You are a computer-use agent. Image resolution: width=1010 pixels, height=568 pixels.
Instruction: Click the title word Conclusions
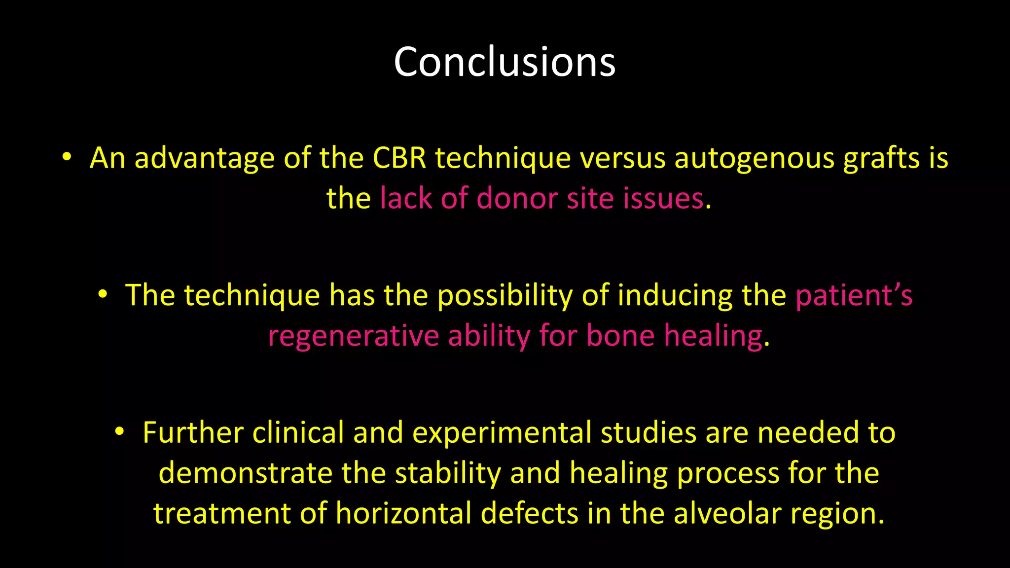(505, 62)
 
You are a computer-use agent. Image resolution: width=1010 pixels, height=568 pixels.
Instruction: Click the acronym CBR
(399, 159)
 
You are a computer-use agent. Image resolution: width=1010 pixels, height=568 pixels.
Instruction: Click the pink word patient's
(854, 295)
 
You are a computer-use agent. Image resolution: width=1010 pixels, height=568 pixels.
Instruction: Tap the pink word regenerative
(353, 336)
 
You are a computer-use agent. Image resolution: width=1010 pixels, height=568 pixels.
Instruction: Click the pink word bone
(620, 336)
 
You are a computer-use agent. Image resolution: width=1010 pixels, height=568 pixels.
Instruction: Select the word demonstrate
(245, 473)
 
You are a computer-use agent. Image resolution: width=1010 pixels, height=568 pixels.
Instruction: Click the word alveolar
(727, 513)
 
